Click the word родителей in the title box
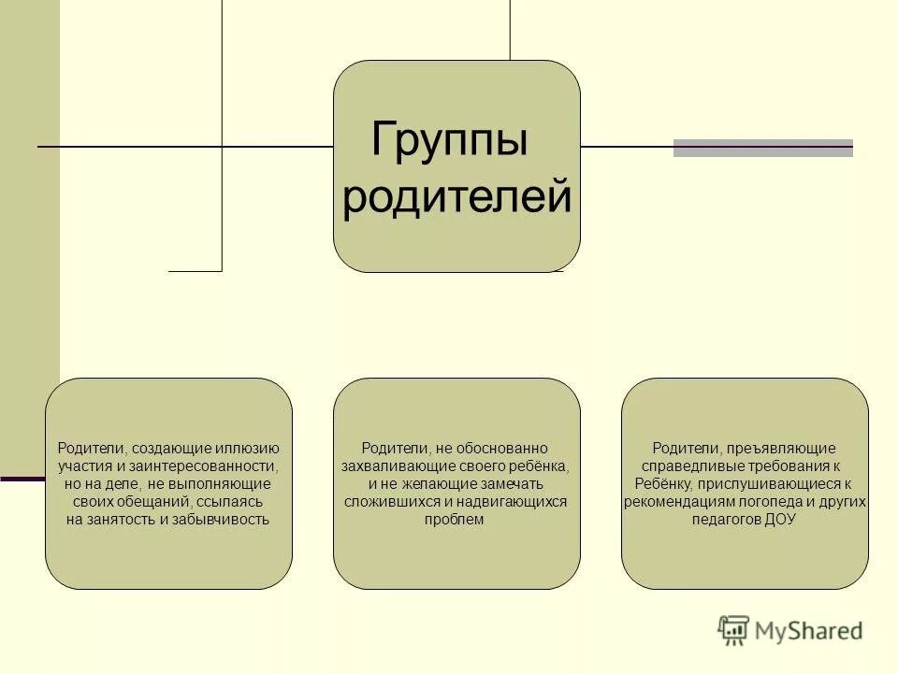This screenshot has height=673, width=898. [x=456, y=198]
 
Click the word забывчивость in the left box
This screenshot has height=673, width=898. [x=221, y=520]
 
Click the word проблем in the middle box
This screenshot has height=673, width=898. [x=456, y=520]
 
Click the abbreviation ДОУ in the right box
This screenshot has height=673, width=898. [x=779, y=520]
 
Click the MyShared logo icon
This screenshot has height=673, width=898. [x=733, y=630]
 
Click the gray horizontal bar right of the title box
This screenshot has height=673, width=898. [x=762, y=148]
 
